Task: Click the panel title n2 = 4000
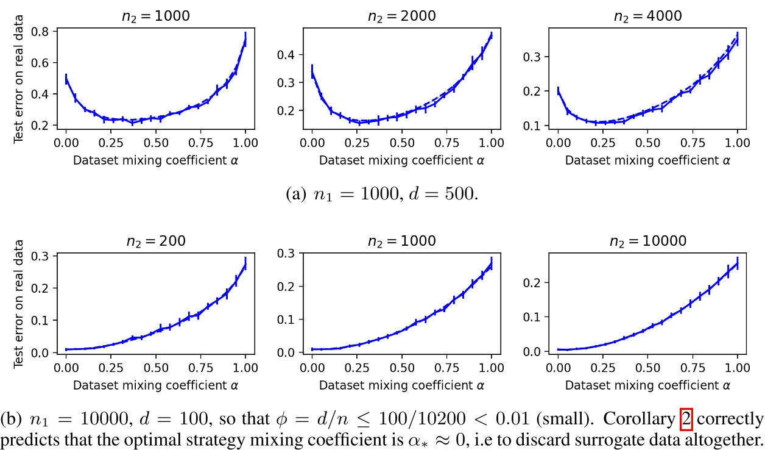647,16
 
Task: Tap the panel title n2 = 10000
647,240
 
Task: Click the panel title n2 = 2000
401,16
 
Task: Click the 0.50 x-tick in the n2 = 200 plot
156,368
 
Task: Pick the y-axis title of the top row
18,80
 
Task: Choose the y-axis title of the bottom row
18,304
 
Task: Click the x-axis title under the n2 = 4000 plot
647,162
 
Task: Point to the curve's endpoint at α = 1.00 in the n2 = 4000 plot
737,38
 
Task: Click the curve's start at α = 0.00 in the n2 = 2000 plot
312,71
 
